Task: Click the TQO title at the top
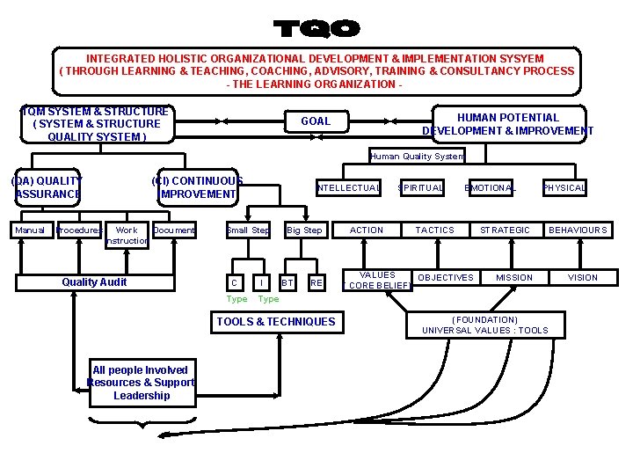[x=316, y=28]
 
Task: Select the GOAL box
[x=316, y=121]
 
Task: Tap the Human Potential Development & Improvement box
[x=507, y=124]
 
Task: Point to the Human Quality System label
[x=417, y=157]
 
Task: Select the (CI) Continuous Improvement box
[x=198, y=186]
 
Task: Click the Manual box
[x=30, y=230]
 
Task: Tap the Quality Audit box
[x=94, y=282]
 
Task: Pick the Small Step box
[x=248, y=230]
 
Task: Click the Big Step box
[x=304, y=230]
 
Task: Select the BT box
[x=287, y=282]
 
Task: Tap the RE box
[x=316, y=282]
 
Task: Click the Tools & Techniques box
[x=275, y=322]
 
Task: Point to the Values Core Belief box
[x=378, y=280]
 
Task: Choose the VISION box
[x=582, y=278]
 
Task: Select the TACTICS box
[x=435, y=230]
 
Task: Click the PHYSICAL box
[x=564, y=187]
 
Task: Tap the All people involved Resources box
[x=141, y=383]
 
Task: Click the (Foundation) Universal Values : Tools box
[x=484, y=325]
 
